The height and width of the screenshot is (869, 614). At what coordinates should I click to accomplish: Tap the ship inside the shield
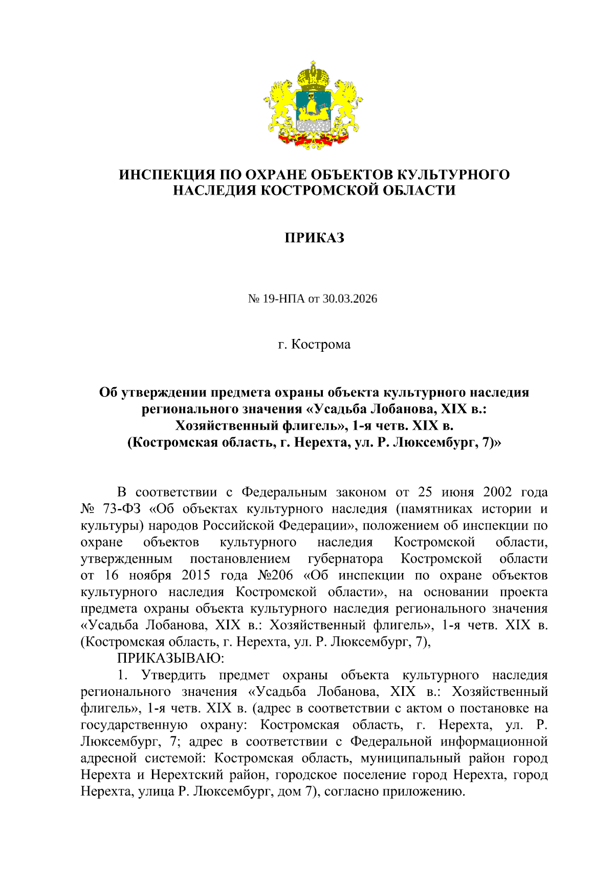point(313,109)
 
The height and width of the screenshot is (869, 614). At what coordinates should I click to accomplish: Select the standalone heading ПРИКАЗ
point(314,238)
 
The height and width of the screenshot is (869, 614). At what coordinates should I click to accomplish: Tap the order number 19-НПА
point(283,299)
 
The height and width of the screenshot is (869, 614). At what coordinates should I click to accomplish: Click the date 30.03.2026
point(349,299)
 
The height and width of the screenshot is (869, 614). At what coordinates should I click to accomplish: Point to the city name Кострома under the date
point(321,344)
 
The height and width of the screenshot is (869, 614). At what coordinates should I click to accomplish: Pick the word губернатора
point(345,559)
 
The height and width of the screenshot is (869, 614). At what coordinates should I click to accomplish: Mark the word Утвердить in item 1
point(173,675)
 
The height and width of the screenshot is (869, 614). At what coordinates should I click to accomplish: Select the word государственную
point(134,725)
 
